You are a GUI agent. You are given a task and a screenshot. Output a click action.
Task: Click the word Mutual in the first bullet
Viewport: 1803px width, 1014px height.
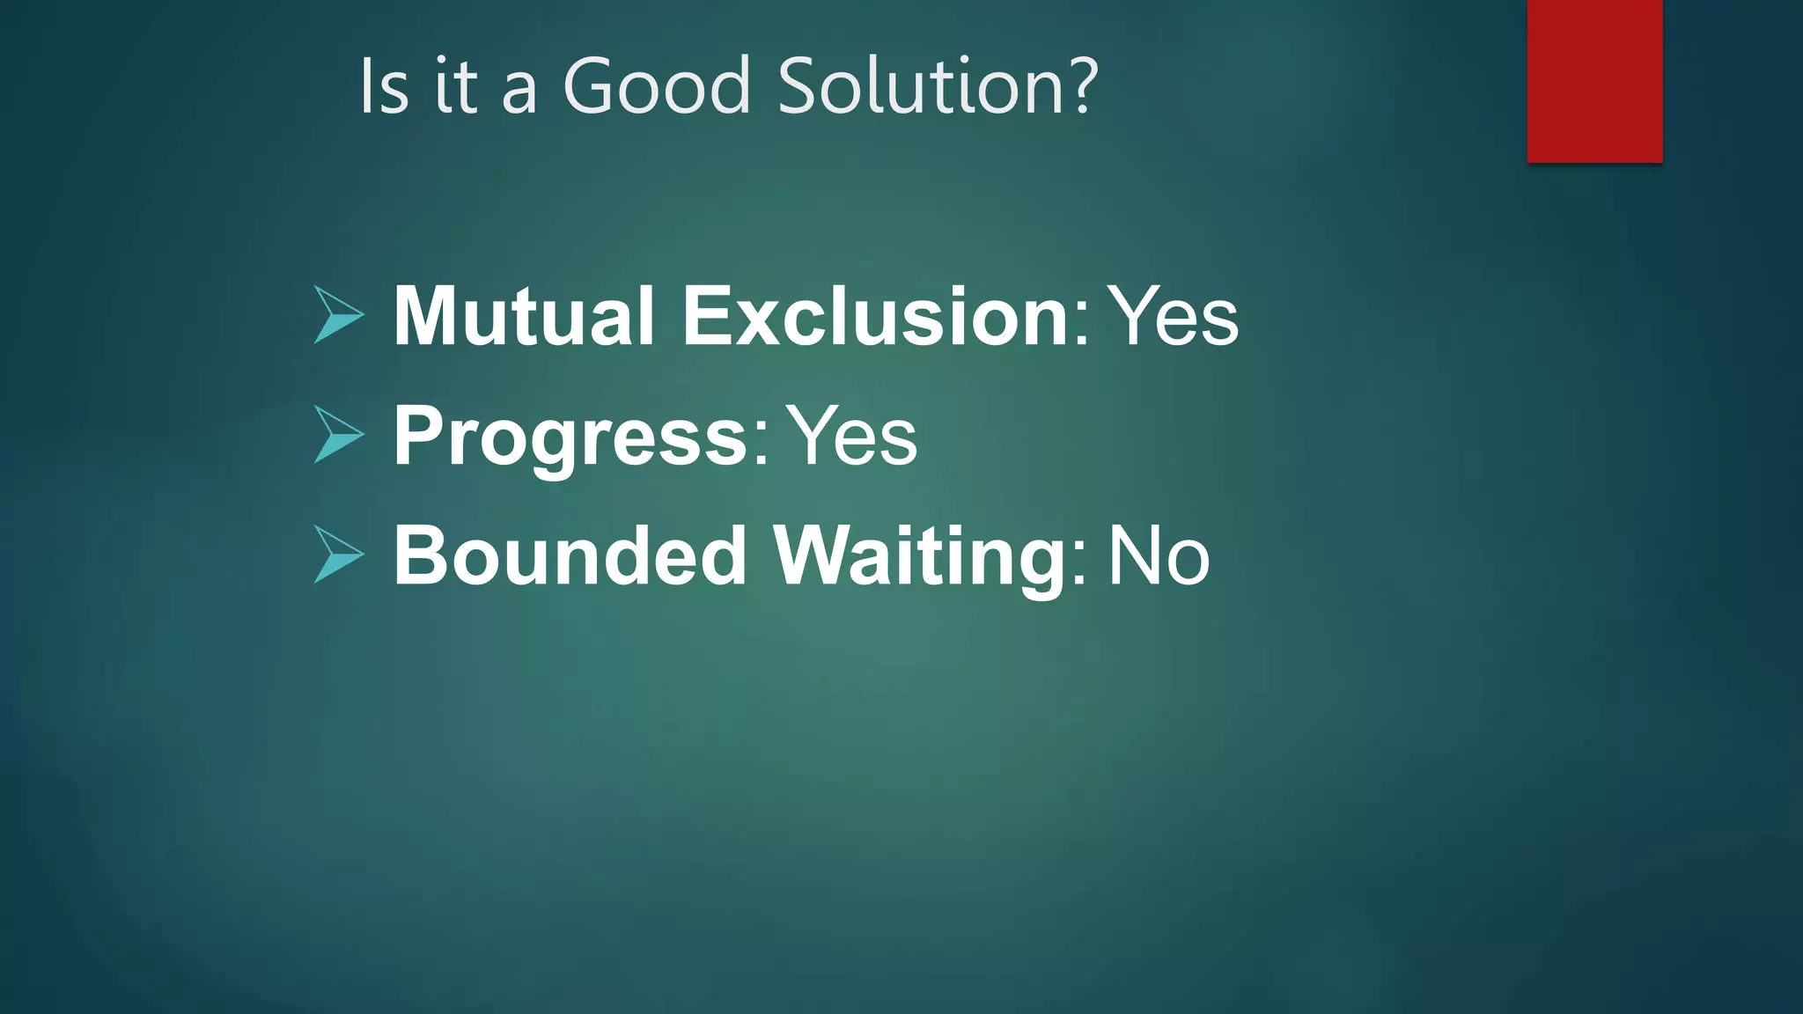click(523, 316)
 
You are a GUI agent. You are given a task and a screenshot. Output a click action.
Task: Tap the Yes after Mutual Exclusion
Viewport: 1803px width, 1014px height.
click(1172, 316)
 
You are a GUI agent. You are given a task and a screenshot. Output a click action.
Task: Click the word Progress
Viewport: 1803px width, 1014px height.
click(570, 437)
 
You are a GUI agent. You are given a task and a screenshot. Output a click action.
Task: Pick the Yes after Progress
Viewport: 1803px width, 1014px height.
click(850, 437)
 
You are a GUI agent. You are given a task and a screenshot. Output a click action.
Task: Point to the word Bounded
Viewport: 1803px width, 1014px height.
click(570, 556)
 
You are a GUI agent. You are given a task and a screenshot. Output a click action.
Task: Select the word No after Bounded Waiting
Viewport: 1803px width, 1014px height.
click(1158, 556)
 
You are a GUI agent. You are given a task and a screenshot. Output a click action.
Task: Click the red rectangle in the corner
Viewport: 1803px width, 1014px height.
click(1594, 81)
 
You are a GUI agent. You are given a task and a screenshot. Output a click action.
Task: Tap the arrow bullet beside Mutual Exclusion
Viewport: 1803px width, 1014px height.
click(338, 315)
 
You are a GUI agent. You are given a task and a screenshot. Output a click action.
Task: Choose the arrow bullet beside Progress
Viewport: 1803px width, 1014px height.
click(338, 435)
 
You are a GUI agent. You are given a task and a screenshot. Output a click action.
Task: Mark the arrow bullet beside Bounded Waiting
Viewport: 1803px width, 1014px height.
click(338, 555)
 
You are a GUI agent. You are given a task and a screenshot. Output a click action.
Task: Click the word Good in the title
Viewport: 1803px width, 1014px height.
click(656, 85)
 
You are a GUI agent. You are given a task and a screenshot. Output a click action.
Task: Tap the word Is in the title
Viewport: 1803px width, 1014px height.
click(385, 85)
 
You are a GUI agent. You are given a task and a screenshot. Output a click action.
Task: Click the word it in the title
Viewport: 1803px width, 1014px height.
click(456, 85)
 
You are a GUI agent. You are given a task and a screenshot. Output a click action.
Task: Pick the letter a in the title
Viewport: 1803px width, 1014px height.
click(519, 92)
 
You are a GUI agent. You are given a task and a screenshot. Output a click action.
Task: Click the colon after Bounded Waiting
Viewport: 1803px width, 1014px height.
click(1080, 565)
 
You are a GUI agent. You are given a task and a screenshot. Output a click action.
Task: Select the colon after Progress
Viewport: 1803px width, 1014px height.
click(761, 445)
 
